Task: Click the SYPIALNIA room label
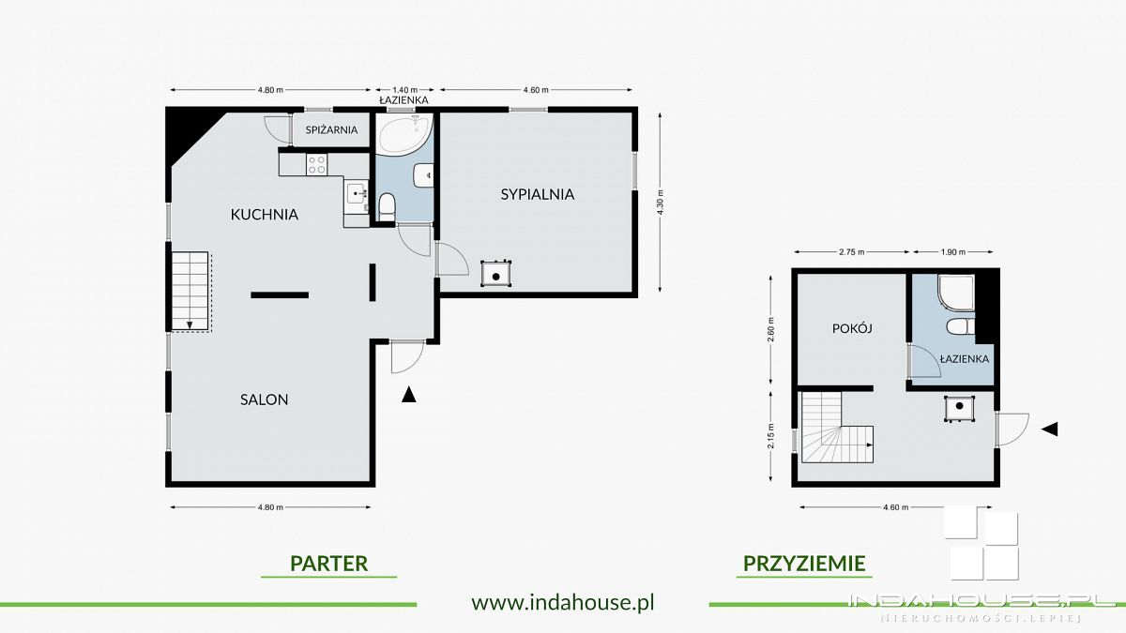tap(537, 195)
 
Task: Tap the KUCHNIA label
tap(265, 215)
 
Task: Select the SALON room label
tap(264, 399)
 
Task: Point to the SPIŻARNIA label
tap(331, 130)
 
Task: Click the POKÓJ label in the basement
tap(853, 329)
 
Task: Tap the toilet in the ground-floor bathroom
tap(386, 205)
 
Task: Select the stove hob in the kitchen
tap(316, 165)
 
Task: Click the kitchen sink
tap(357, 194)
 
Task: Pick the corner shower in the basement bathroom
tap(954, 292)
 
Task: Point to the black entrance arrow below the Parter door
tap(408, 395)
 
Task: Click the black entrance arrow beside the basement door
tap(1051, 429)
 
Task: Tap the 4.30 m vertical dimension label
tap(662, 202)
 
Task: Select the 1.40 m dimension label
tap(404, 90)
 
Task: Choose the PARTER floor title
tap(328, 564)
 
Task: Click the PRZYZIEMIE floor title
tap(804, 564)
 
